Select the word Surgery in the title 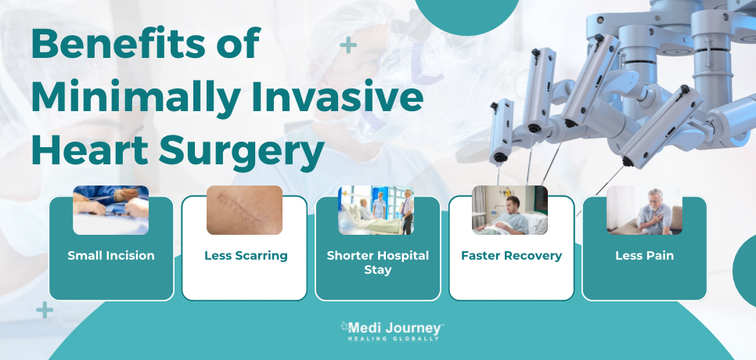click(x=242, y=151)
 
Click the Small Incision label click(x=111, y=255)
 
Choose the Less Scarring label click(x=246, y=255)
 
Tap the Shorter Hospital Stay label click(x=377, y=262)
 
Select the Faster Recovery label click(x=512, y=255)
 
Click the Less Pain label click(x=644, y=255)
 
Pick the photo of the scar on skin click(x=244, y=210)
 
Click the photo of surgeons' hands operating click(x=111, y=210)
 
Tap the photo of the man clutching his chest click(x=645, y=210)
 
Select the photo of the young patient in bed click(x=509, y=210)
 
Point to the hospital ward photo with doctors click(x=376, y=210)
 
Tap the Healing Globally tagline click(x=394, y=339)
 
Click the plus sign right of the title click(x=348, y=45)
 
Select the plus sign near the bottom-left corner click(x=45, y=310)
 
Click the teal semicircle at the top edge click(x=466, y=14)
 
